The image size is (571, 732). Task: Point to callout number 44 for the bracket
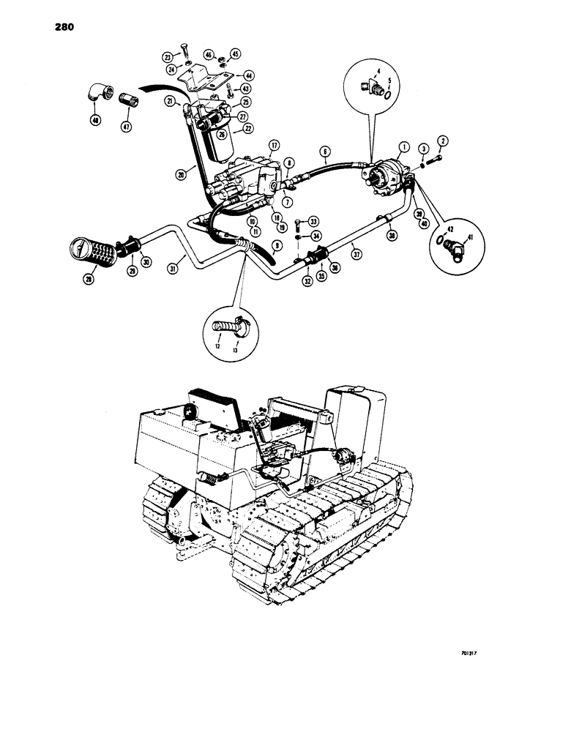pyautogui.click(x=249, y=75)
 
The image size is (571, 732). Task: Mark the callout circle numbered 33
pyautogui.click(x=314, y=220)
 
